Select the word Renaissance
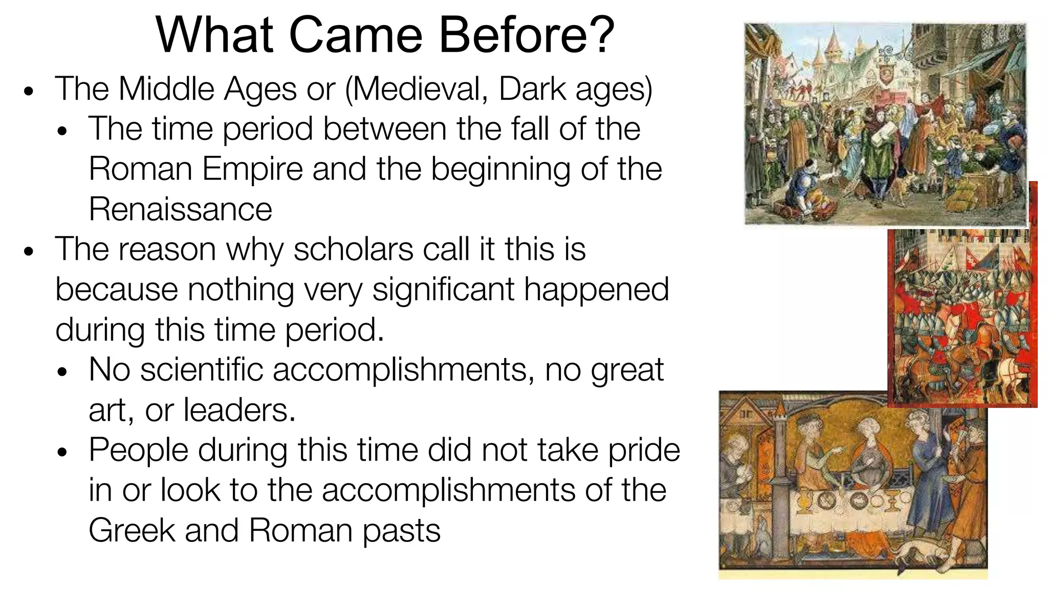point(180,209)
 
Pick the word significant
point(443,289)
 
